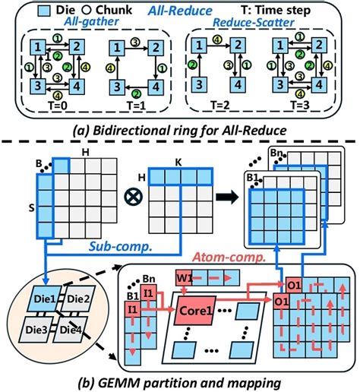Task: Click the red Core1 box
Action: pos(195,311)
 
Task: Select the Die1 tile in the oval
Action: pos(45,299)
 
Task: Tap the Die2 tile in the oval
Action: pos(78,299)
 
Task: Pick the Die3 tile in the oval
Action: pos(36,330)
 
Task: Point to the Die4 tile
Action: pos(71,330)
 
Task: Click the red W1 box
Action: pos(184,278)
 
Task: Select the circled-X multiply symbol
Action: pos(134,197)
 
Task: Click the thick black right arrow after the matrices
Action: pos(228,197)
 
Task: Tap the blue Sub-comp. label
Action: pos(121,246)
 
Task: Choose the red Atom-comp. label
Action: pos(229,257)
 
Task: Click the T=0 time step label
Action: pos(58,105)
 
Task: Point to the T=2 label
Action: pos(219,105)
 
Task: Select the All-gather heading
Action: pos(91,21)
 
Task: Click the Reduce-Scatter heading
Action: pos(254,22)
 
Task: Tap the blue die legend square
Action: pos(44,11)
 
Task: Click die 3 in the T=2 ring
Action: pos(199,84)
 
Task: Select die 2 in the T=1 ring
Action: pos(156,48)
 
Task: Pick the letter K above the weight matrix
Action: pos(178,163)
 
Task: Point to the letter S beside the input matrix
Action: pos(32,208)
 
